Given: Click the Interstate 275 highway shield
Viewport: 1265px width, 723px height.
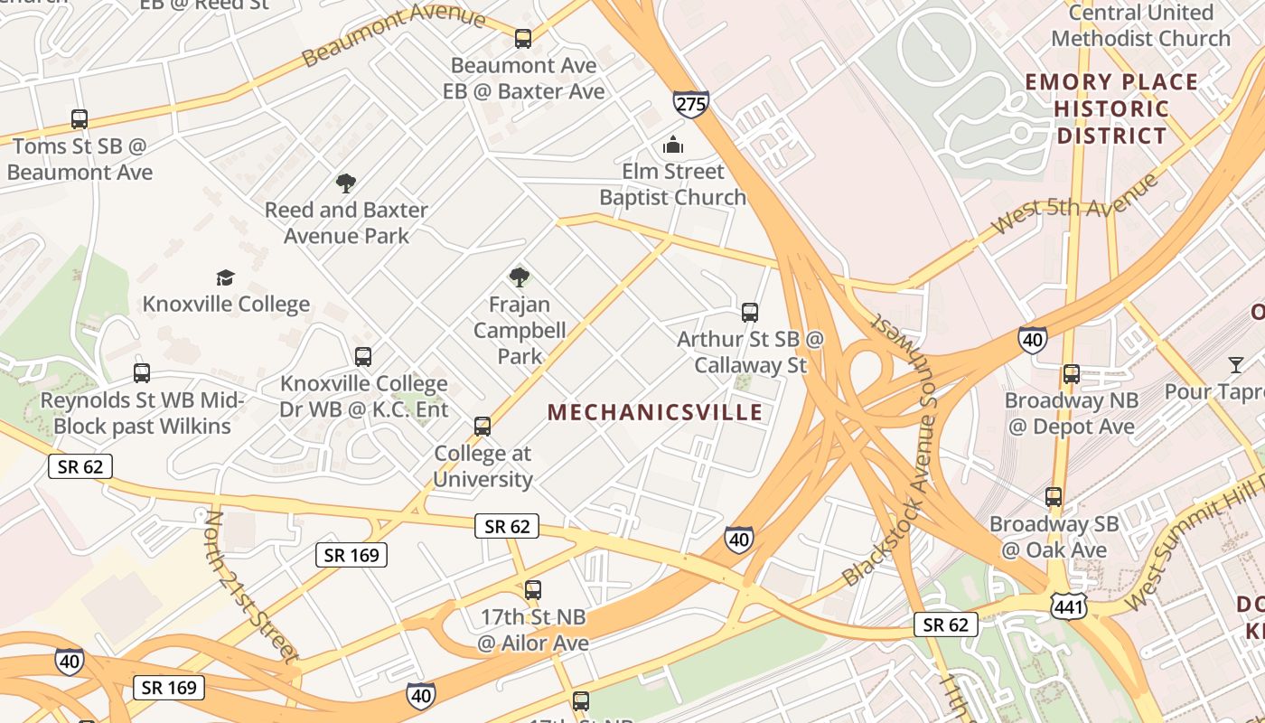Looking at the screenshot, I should pos(690,104).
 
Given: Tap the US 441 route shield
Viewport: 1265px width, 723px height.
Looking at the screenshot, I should pos(1068,607).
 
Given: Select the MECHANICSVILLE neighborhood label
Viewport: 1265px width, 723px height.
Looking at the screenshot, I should pos(655,413).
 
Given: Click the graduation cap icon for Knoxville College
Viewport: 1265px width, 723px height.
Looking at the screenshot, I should pos(225,277).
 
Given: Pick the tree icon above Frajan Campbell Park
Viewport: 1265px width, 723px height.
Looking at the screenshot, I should pos(519,277).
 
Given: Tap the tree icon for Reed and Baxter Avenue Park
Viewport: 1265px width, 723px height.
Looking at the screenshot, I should pos(345,183).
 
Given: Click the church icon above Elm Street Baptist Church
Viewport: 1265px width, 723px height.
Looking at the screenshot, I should pos(672,145).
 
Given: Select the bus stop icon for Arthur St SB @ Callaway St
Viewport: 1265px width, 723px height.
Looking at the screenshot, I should pos(749,313).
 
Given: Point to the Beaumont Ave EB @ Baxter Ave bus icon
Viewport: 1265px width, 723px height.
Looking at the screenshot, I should pos(523,39).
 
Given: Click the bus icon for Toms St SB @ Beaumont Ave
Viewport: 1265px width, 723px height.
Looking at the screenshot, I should pos(80,119).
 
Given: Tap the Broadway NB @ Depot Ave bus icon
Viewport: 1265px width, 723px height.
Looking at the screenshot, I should pos(1071,373).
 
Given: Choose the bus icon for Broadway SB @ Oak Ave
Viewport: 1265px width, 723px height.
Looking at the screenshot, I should pos(1054,497).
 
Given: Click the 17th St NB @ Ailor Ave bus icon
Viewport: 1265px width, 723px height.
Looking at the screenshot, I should pos(533,590).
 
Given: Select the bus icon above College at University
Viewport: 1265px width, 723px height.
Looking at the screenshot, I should pos(483,427).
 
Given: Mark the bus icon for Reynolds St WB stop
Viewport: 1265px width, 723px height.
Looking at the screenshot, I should pos(142,373).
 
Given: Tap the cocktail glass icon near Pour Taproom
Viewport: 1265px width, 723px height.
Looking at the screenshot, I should pos(1235,365).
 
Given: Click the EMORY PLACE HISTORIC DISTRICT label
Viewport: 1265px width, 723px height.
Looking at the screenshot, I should pos(1111,109).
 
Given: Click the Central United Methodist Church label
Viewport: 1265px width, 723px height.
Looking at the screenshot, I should pos(1140,25).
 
